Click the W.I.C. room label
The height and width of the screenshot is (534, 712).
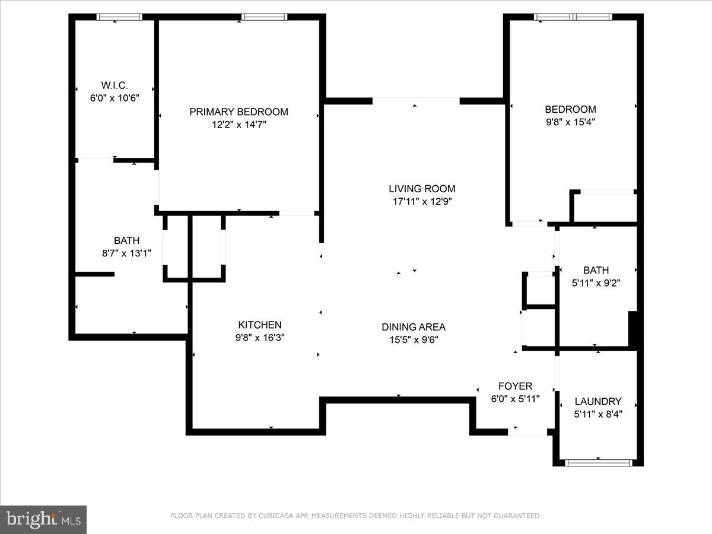115,85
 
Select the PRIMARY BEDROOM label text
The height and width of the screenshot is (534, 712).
239,112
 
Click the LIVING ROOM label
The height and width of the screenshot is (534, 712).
422,189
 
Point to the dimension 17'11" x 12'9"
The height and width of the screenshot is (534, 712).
422,202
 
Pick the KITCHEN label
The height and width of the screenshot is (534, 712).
259,325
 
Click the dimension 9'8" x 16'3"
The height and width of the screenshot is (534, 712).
259,338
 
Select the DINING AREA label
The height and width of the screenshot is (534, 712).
413,327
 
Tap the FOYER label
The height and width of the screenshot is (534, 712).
515,386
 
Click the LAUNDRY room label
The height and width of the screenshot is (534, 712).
597,401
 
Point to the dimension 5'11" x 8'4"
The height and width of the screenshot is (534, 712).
597,414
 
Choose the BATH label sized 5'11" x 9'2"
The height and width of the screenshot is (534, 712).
596,270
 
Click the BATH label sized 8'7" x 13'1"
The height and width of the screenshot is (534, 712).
126,240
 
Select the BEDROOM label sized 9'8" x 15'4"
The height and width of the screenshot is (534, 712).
570,109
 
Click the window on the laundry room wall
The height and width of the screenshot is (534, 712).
597,462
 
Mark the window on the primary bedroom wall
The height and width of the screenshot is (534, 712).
265,17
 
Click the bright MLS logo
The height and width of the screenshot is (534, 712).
43,520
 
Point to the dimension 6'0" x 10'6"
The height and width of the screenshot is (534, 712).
115,98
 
